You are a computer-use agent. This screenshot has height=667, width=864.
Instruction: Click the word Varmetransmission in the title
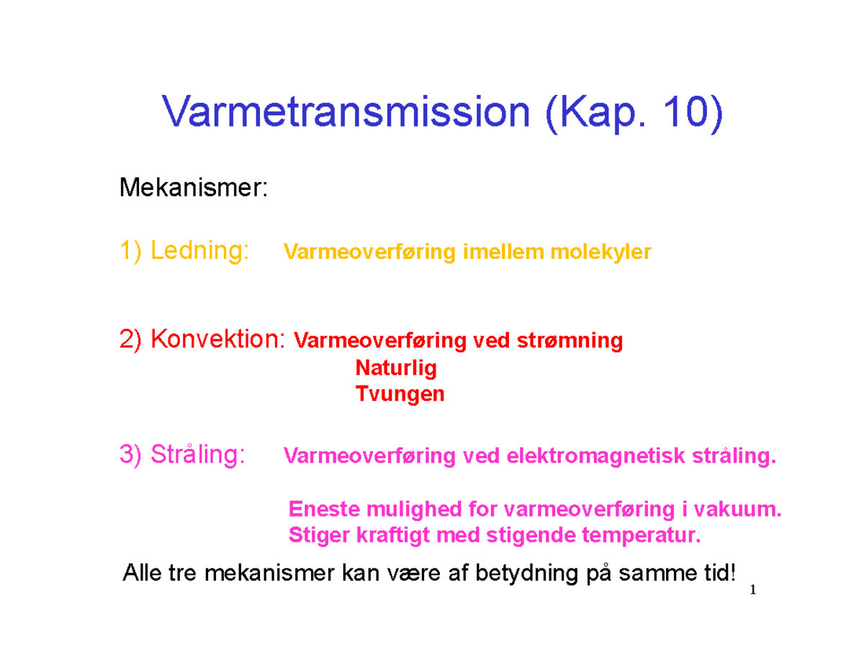point(346,112)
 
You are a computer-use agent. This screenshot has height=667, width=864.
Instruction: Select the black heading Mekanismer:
point(194,187)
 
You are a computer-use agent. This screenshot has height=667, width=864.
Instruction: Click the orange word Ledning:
point(199,250)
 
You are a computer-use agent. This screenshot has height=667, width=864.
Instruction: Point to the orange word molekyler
point(600,253)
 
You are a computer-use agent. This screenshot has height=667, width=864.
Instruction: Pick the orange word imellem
point(503,251)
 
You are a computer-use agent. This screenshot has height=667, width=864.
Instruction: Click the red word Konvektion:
point(218,339)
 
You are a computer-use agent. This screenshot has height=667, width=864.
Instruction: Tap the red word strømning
point(570,341)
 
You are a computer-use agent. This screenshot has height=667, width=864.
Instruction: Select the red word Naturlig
point(396,368)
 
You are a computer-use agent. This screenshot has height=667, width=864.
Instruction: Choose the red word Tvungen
point(400,394)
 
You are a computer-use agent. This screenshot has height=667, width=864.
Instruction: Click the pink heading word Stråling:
point(197,454)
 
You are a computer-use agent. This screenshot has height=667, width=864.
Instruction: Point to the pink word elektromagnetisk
point(595,455)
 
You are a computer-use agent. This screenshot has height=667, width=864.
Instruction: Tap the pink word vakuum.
point(737,509)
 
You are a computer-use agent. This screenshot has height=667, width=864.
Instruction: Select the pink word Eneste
point(324,509)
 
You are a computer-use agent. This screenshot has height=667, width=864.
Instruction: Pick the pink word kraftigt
point(392,535)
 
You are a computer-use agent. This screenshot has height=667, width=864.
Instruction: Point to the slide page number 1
point(752,590)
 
